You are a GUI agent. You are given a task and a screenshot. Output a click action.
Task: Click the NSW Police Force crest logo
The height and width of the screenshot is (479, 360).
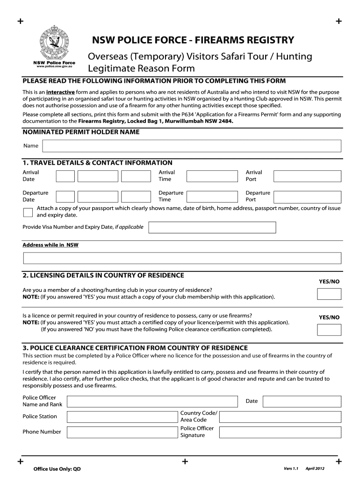tap(54, 42)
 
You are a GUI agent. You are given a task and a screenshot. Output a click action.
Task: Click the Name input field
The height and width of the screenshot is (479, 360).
tap(191, 146)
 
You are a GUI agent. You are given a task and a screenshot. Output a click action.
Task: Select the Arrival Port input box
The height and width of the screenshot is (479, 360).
tap(307, 176)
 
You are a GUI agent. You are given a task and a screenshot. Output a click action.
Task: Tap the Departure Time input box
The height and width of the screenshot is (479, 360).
tap(214, 196)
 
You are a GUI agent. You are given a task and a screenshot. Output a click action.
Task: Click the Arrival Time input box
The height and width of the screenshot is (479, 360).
tap(214, 176)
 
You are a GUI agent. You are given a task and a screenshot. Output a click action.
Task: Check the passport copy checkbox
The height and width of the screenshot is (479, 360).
tap(28, 212)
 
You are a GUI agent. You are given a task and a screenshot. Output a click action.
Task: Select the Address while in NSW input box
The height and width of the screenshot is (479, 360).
tap(182, 258)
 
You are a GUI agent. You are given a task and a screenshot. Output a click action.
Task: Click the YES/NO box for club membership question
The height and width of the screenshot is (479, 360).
tap(329, 294)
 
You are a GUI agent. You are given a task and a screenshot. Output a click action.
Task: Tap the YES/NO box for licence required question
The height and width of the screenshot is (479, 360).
tap(329, 330)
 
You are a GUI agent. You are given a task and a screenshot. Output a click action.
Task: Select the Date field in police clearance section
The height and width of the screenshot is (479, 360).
tap(302, 401)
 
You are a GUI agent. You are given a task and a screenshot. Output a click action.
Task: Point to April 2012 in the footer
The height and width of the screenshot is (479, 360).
tap(315, 469)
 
